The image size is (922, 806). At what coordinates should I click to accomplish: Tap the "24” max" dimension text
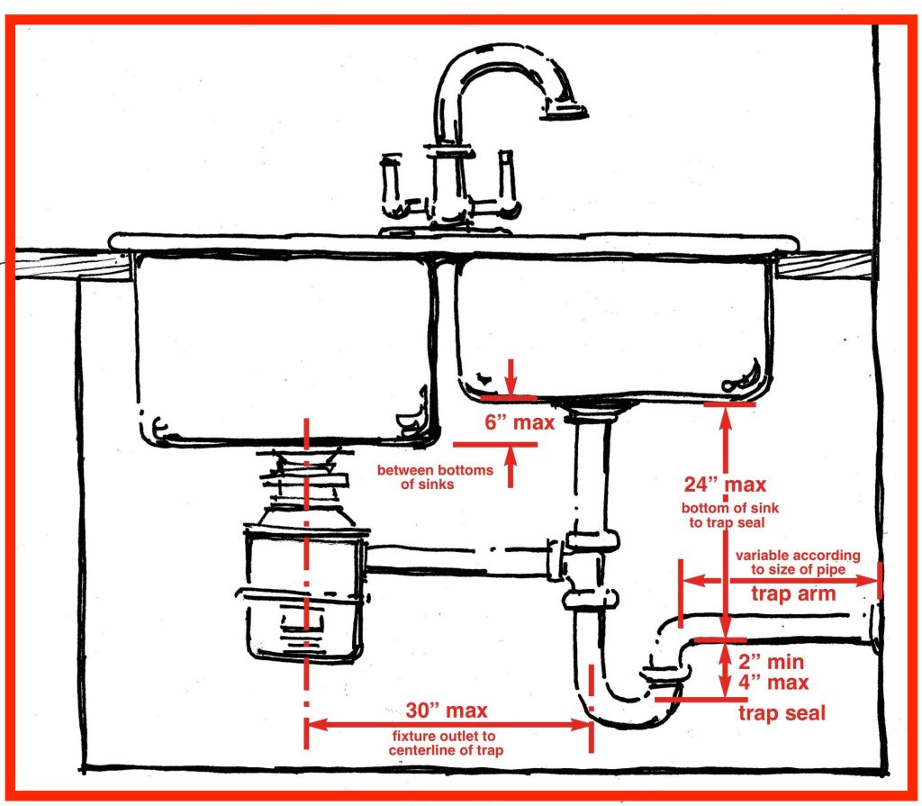tap(724, 485)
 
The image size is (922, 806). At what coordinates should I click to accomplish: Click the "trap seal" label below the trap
tap(782, 713)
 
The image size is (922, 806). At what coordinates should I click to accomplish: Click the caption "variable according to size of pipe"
tap(798, 562)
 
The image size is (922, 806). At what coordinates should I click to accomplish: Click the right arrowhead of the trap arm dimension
tap(872, 581)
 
